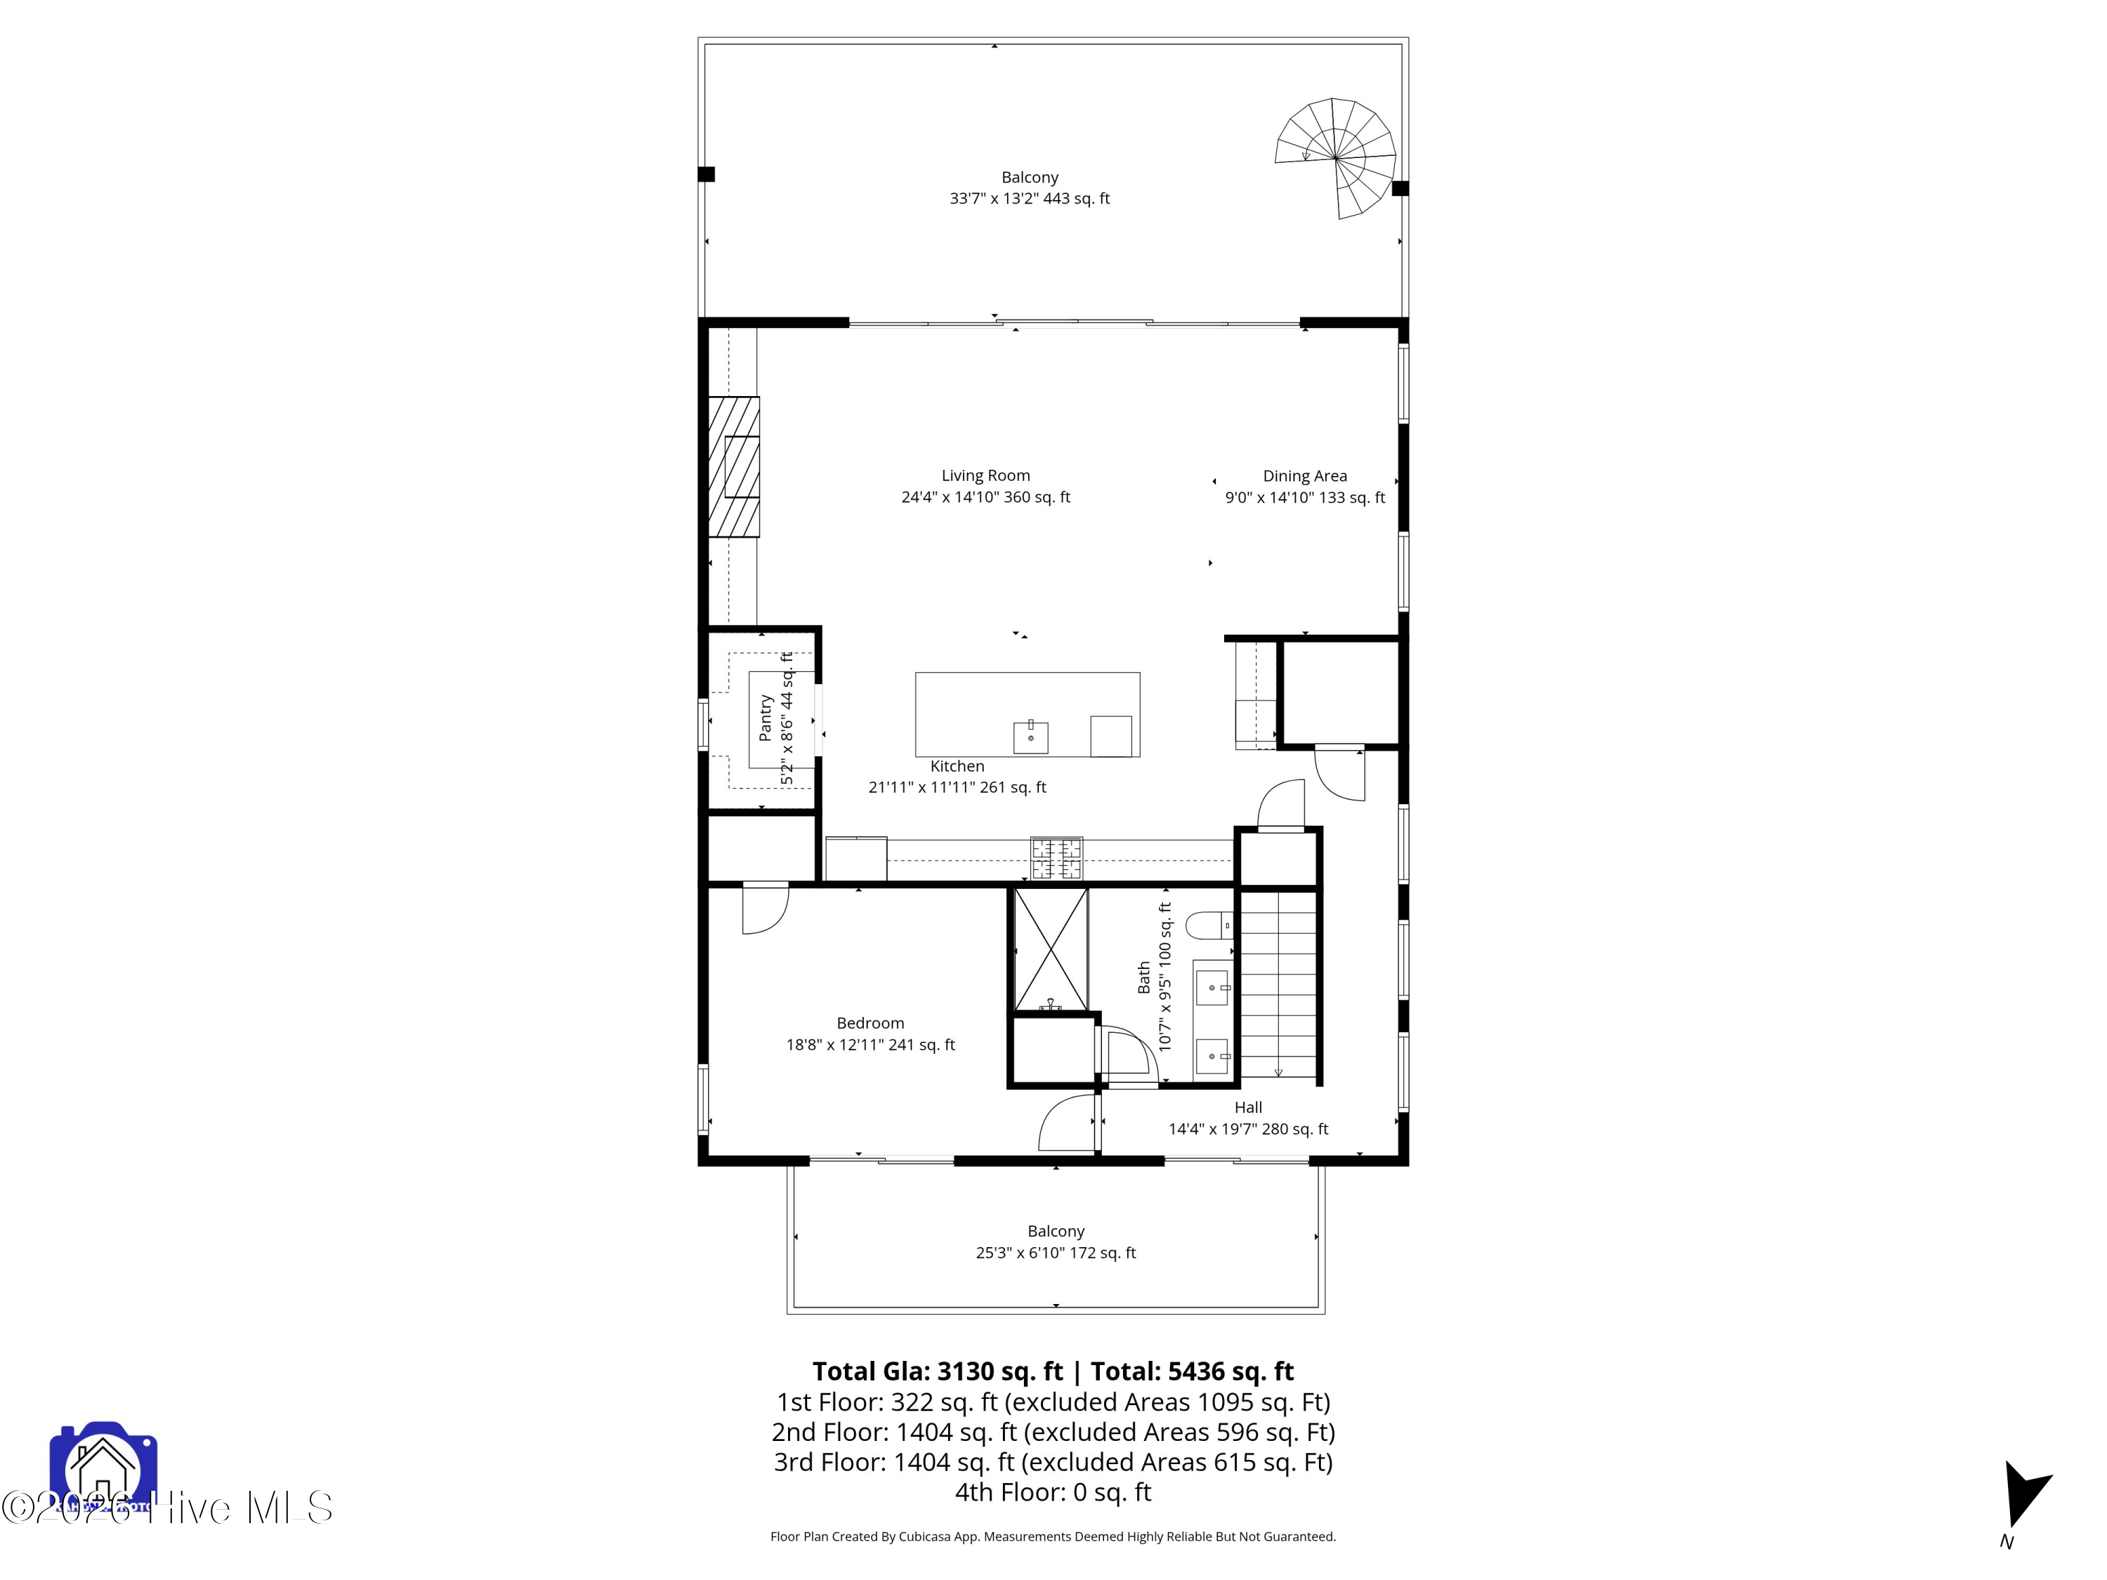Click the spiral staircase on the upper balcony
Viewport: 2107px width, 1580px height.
[1337, 158]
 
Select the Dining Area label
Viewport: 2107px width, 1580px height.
[1304, 476]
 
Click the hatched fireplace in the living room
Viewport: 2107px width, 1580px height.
[733, 467]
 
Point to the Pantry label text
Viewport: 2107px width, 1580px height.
[765, 718]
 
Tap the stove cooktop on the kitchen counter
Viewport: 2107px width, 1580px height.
[1056, 857]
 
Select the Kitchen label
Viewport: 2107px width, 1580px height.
[957, 765]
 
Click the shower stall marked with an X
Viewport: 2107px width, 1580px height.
[1050, 949]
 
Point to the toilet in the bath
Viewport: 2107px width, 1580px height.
[1208, 925]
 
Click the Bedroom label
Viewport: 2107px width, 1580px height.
[869, 1023]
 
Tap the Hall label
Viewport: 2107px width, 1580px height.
[1248, 1107]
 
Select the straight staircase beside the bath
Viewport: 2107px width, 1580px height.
[1278, 986]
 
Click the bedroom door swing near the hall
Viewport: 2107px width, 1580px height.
[1067, 1124]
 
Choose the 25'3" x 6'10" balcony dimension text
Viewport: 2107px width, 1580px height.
[1056, 1252]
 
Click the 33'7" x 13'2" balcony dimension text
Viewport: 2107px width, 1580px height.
[1029, 198]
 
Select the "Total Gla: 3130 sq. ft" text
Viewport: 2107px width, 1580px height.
[936, 1371]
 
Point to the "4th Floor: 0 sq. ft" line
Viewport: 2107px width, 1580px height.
[1053, 1492]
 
